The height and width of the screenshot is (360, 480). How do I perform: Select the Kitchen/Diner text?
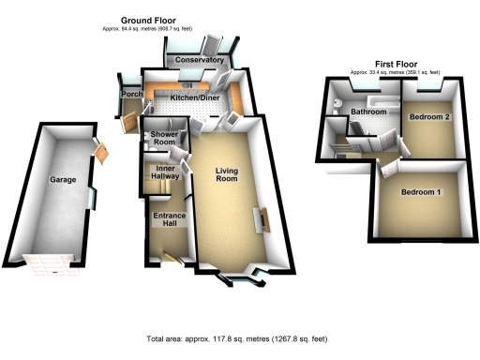point(194,97)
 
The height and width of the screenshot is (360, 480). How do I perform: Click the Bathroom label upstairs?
point(369,112)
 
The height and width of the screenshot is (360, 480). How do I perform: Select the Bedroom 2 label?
point(429,115)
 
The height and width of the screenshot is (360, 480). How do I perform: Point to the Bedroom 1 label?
point(420,192)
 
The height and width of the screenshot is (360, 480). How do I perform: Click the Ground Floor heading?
point(151,20)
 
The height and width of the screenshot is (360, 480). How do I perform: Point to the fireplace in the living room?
point(263,222)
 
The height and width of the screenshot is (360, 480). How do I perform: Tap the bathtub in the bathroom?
point(378,96)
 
